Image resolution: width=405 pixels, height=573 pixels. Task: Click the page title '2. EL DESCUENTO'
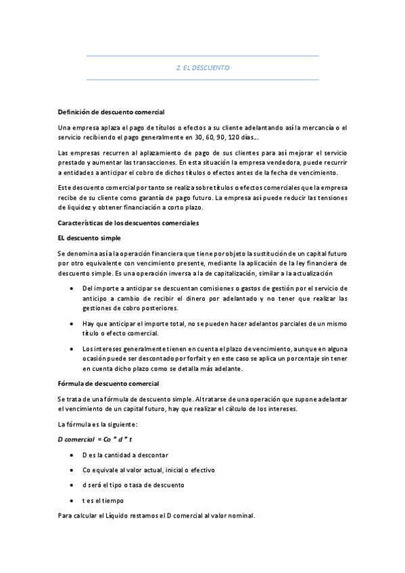click(x=203, y=68)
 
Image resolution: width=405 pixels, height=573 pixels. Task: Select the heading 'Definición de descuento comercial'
click(x=111, y=111)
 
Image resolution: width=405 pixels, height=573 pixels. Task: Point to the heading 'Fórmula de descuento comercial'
click(x=108, y=384)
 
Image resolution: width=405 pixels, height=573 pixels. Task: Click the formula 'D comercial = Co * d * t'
click(x=95, y=439)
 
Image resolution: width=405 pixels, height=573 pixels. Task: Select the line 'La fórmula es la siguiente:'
click(x=98, y=424)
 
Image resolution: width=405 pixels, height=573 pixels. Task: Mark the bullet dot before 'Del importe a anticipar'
click(x=72, y=289)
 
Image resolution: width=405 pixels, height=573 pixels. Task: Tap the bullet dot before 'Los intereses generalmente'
click(x=72, y=349)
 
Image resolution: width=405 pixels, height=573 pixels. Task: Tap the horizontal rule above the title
click(x=203, y=56)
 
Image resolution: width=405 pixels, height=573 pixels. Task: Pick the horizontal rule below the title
click(x=203, y=80)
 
